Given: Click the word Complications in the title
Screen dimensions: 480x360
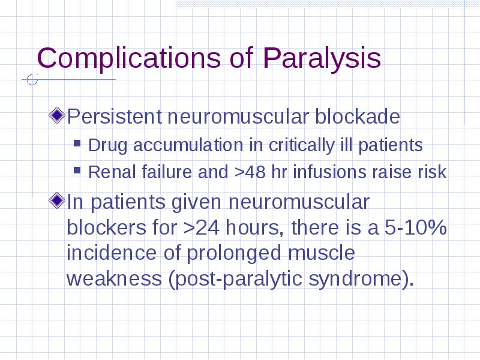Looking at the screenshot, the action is (128, 59).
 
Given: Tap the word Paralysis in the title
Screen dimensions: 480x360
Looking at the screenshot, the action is (322, 59).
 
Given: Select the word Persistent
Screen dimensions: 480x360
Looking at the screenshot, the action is (114, 116).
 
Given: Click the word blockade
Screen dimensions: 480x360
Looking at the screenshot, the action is (357, 116).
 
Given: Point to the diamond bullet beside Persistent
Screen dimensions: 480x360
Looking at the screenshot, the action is (57, 115).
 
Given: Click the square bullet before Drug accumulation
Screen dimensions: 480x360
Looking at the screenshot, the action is (77, 143).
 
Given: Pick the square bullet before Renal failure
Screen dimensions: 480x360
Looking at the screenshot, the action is (77, 170).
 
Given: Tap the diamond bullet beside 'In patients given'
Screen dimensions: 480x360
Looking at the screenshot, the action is (57, 201).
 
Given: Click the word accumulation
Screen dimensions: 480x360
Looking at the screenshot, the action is (188, 145).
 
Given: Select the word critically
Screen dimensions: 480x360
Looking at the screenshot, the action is (301, 145).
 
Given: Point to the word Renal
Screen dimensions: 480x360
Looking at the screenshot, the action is (112, 172).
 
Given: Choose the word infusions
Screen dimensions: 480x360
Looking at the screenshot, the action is (329, 172).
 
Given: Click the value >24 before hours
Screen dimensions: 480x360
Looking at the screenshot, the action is (202, 228).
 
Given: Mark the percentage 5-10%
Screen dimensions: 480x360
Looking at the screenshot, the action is (415, 228).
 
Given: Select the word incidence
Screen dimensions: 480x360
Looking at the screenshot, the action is (112, 253).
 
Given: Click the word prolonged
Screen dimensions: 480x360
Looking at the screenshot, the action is (234, 253).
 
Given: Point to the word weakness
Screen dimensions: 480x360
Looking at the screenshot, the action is (114, 278).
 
